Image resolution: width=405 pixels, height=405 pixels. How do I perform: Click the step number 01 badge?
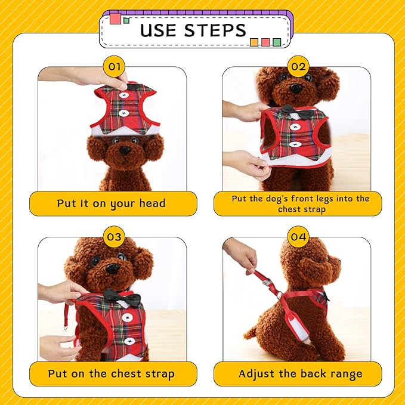[x=114, y=67]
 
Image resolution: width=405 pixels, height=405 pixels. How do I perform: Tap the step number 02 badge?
[x=298, y=67]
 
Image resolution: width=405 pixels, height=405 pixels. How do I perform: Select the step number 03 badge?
[x=114, y=237]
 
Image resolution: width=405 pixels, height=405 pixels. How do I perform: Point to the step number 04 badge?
[x=298, y=237]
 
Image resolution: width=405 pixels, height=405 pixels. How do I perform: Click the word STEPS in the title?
[x=215, y=30]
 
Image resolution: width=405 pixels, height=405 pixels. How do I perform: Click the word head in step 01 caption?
[x=152, y=203]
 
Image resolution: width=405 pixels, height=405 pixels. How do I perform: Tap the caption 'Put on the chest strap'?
[x=112, y=374]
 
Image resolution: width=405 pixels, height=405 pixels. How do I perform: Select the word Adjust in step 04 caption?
[x=256, y=374]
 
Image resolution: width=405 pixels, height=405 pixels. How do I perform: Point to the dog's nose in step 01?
[x=126, y=150]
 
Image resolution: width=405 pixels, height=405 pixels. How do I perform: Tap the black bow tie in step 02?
[x=297, y=111]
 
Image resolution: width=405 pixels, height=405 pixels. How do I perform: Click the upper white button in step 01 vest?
[x=124, y=95]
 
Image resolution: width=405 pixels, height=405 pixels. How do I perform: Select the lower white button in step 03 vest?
[x=129, y=341]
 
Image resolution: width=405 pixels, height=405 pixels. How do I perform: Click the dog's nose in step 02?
[x=296, y=88]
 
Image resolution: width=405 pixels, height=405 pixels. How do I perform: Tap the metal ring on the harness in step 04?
[x=279, y=295]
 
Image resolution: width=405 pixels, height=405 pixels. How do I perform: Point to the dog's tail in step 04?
[x=250, y=333]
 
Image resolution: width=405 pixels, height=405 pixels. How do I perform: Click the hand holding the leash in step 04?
[x=241, y=253]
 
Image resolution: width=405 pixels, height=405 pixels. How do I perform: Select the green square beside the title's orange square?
[x=277, y=42]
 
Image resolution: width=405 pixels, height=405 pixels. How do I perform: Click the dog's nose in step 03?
[x=113, y=268]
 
